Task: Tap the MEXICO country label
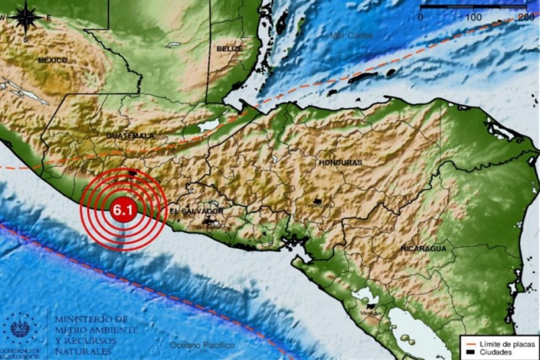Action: pos(52,60)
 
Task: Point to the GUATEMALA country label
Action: pos(130,136)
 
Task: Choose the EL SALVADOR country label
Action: pos(196,211)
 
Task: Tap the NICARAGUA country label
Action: pos(423,249)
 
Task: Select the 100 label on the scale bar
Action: pos(473,16)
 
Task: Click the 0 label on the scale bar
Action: pos(421,16)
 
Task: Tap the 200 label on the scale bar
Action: pos(525,16)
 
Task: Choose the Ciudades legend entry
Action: pos(496,352)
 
